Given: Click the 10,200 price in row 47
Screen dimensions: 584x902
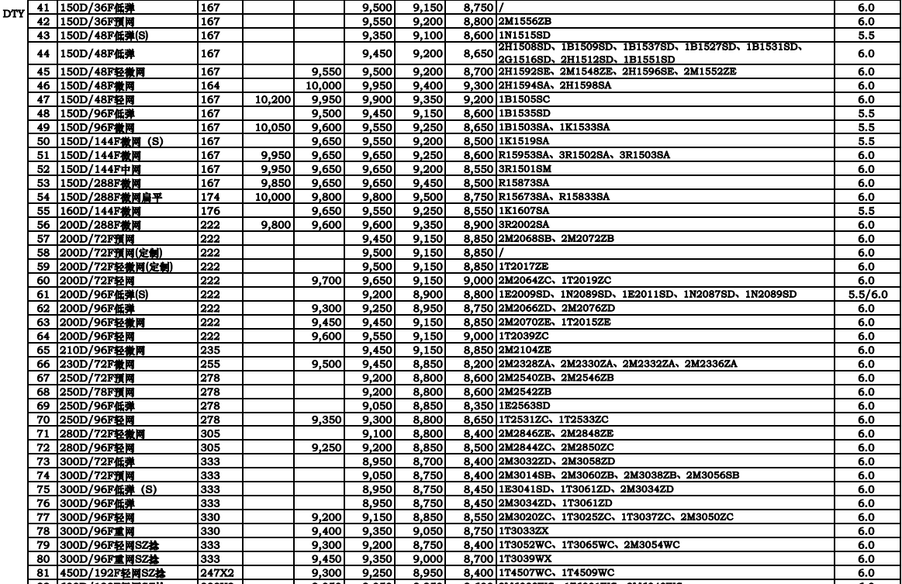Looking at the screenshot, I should (x=269, y=99).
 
